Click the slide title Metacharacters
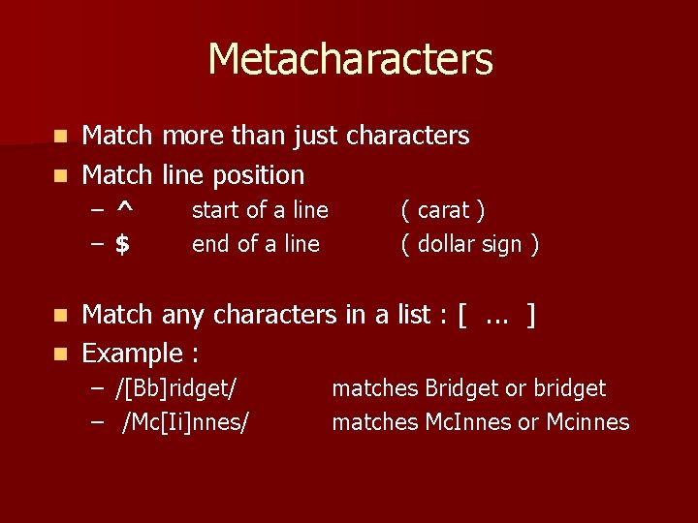coord(350,59)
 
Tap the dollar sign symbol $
coord(122,244)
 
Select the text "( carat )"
coord(443,210)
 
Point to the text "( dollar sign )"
coord(470,244)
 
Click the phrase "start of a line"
coord(260,210)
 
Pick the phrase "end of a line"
coord(256,244)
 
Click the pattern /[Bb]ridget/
coord(175,389)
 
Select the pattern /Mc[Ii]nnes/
coord(185,422)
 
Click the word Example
coord(133,354)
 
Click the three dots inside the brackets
coord(496,316)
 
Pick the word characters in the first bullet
coord(407,136)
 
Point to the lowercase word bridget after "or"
coord(569,389)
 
